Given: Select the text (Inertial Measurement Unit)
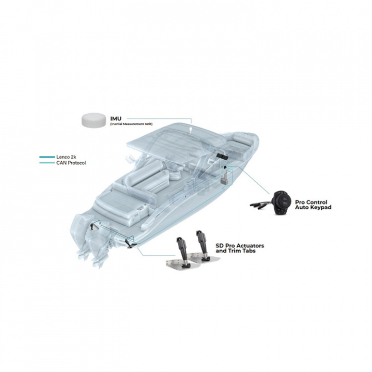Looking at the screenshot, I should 131,125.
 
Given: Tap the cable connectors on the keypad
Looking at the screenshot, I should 259,205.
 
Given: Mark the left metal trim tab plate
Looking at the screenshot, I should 176,263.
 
